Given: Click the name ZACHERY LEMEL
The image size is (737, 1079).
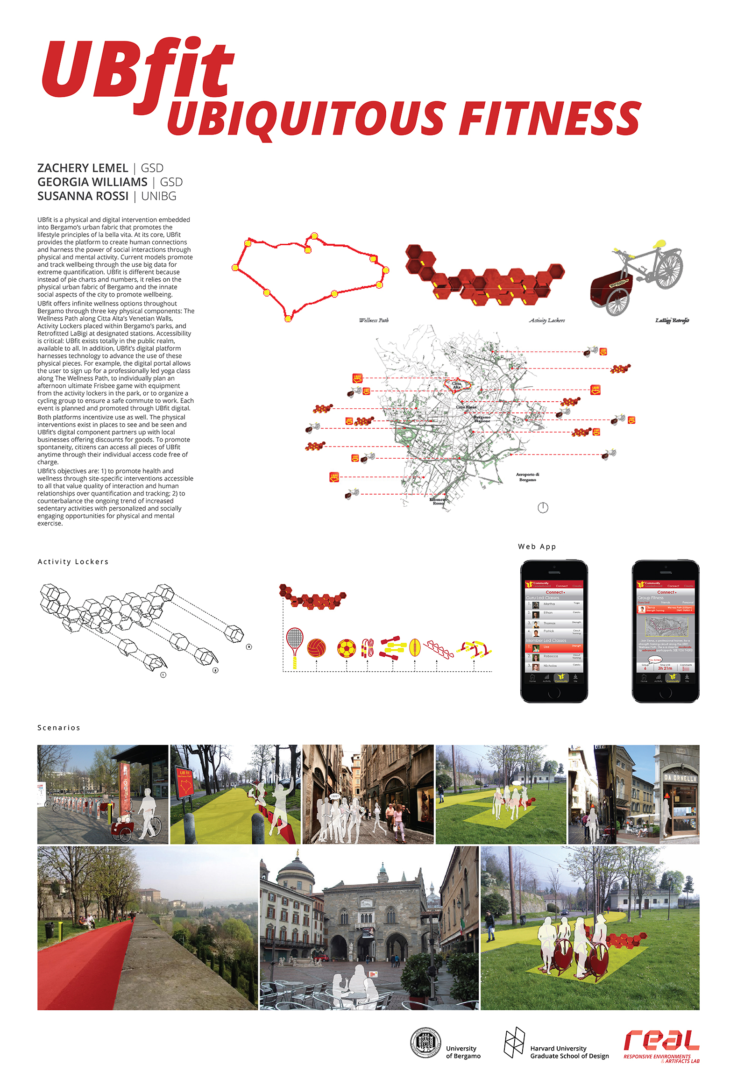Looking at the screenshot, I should click(x=83, y=168).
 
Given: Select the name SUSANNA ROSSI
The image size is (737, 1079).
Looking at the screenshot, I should click(x=83, y=196).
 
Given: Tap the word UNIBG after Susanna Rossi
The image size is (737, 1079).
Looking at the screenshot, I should click(x=159, y=196).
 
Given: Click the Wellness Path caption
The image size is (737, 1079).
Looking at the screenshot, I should click(x=374, y=320).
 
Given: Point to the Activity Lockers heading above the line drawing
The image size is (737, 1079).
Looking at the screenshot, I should click(x=73, y=562).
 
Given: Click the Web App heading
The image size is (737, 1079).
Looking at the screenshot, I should click(x=537, y=547).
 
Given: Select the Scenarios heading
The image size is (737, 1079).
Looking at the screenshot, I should click(x=59, y=728).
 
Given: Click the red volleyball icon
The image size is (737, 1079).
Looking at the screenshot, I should click(x=316, y=648).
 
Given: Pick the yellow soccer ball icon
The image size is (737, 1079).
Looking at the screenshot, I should click(x=347, y=648).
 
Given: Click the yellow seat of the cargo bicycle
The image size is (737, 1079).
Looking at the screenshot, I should click(x=659, y=244).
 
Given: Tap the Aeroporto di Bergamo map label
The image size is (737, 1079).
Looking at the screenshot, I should click(x=527, y=477).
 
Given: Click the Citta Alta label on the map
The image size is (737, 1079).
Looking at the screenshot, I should click(x=456, y=385).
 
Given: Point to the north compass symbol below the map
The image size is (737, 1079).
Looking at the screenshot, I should click(x=543, y=508).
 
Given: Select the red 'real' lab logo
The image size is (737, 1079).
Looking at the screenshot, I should click(x=661, y=1041).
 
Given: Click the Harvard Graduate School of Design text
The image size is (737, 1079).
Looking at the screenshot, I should click(x=569, y=1052).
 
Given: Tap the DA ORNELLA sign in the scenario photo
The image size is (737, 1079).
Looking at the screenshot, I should click(x=680, y=779).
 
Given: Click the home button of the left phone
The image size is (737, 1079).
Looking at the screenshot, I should click(x=554, y=693).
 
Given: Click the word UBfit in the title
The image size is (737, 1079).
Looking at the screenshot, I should click(x=138, y=70).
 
